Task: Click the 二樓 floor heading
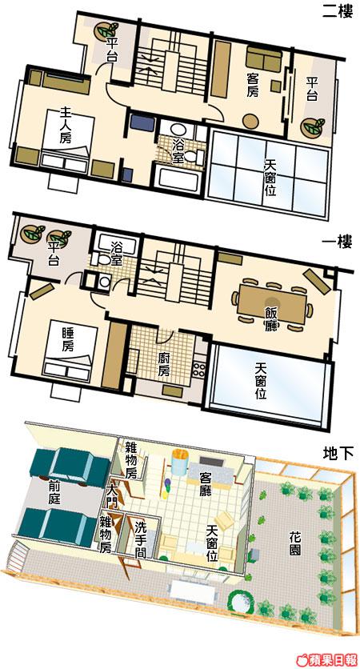[x=338, y=11]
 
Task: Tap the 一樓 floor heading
[x=338, y=243]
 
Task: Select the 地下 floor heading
[x=338, y=454]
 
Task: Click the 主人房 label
[x=65, y=125]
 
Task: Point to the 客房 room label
[x=253, y=85]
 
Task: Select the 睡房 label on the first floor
[x=67, y=339]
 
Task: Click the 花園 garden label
[x=294, y=543]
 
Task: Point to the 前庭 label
[x=54, y=493]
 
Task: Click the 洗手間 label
[x=140, y=539]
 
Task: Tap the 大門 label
[x=111, y=496]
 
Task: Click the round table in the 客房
[x=250, y=121]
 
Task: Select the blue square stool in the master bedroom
[x=127, y=175]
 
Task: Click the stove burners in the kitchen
[x=199, y=369]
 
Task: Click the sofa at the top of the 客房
[x=264, y=59]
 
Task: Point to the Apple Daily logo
[x=329, y=659]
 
